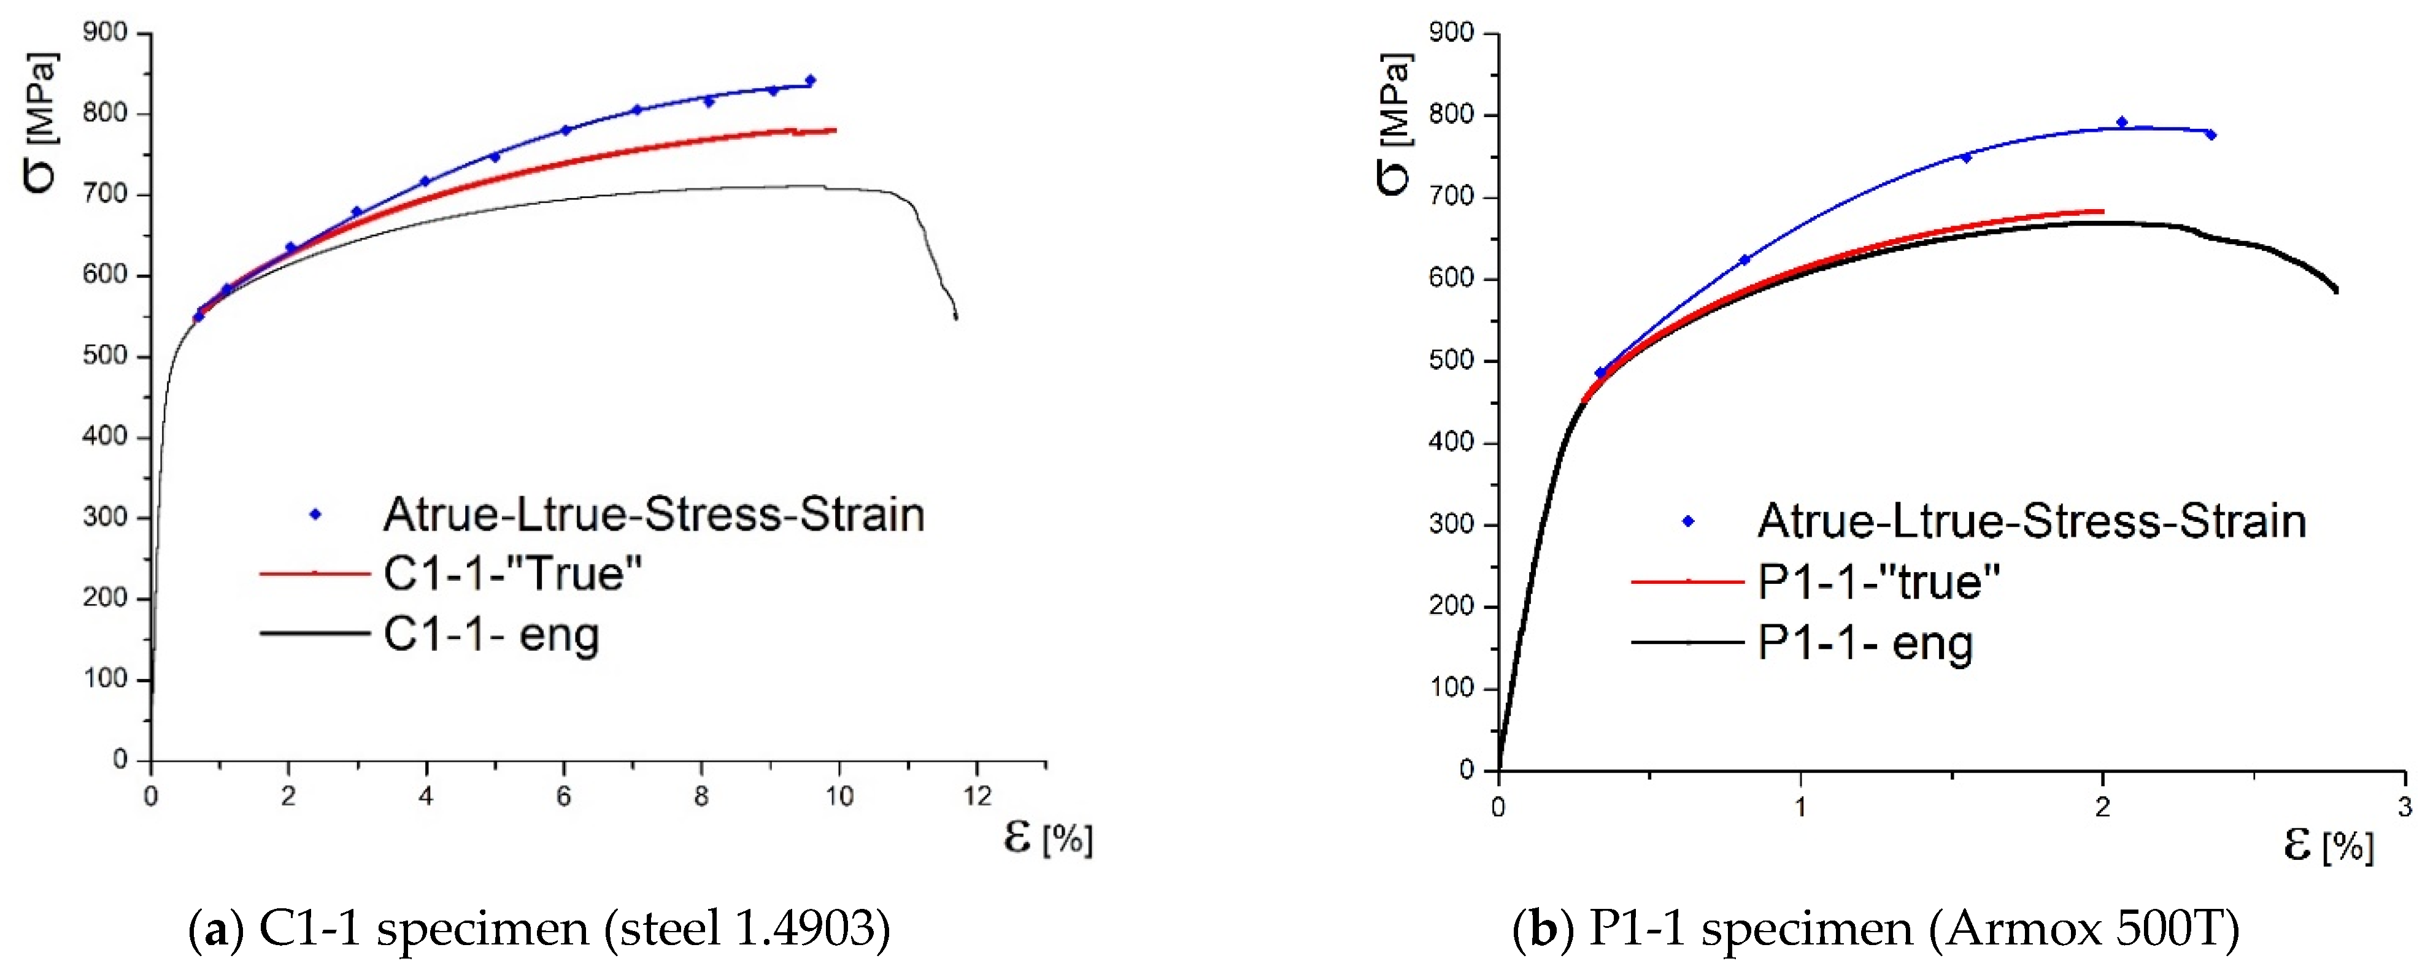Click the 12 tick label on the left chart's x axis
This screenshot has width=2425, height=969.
tap(977, 797)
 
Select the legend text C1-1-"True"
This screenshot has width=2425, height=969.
tap(512, 573)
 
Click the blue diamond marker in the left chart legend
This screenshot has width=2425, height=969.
tap(316, 514)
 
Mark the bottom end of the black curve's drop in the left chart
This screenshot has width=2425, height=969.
tap(955, 317)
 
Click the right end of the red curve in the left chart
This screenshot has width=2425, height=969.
tap(834, 130)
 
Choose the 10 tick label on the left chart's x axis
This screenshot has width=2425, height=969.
tap(839, 797)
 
